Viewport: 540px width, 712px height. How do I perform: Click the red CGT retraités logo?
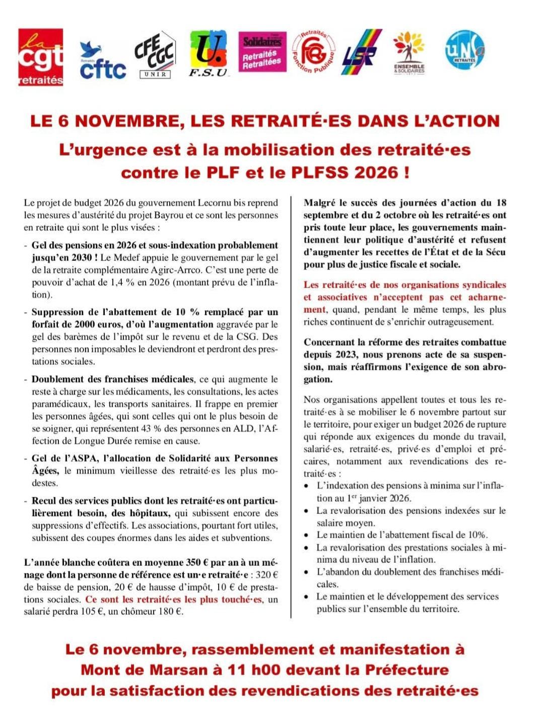click(x=41, y=57)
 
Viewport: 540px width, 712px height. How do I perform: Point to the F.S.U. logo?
click(x=209, y=53)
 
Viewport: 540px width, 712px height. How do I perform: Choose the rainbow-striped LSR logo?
click(x=361, y=52)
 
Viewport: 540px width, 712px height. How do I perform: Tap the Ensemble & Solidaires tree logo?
click(x=409, y=53)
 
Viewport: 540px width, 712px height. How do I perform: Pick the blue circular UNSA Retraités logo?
click(x=464, y=50)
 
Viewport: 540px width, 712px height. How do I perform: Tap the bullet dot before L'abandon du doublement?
click(x=307, y=572)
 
